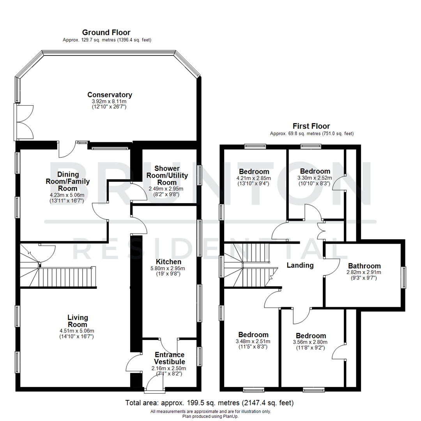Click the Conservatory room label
pos(110,95)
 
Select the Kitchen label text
pos(168,262)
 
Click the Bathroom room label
pos(364,266)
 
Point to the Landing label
pos(300,265)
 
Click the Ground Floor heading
pos(106,32)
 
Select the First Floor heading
pos(311,126)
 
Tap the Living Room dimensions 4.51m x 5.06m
pos(77,331)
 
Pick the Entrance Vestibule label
pos(170,358)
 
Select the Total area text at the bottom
pos(209,403)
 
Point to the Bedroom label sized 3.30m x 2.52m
pos(315,171)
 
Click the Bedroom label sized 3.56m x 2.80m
pos(311,336)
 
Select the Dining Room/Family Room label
pos(68,181)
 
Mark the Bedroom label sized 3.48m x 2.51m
pos(253,334)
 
